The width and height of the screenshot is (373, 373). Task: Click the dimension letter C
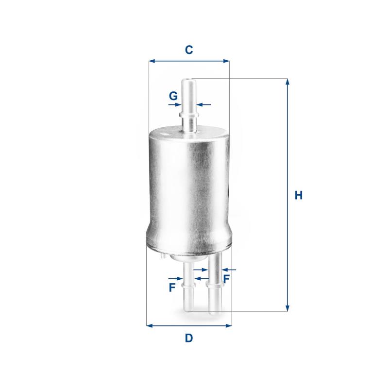tap(189, 50)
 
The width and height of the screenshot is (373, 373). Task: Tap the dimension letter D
tap(189, 338)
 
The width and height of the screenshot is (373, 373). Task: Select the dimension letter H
tap(299, 195)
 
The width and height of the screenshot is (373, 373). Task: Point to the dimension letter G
tap(173, 96)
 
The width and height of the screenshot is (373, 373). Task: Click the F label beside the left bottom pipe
tap(172, 288)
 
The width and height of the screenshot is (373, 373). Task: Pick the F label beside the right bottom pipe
tap(226, 279)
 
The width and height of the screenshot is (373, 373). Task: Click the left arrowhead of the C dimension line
tap(152, 61)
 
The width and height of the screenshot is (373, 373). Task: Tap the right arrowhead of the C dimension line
tap(226, 61)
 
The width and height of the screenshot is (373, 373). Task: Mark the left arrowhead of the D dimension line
tap(150, 325)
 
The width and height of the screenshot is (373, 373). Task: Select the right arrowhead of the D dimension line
tap(229, 325)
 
